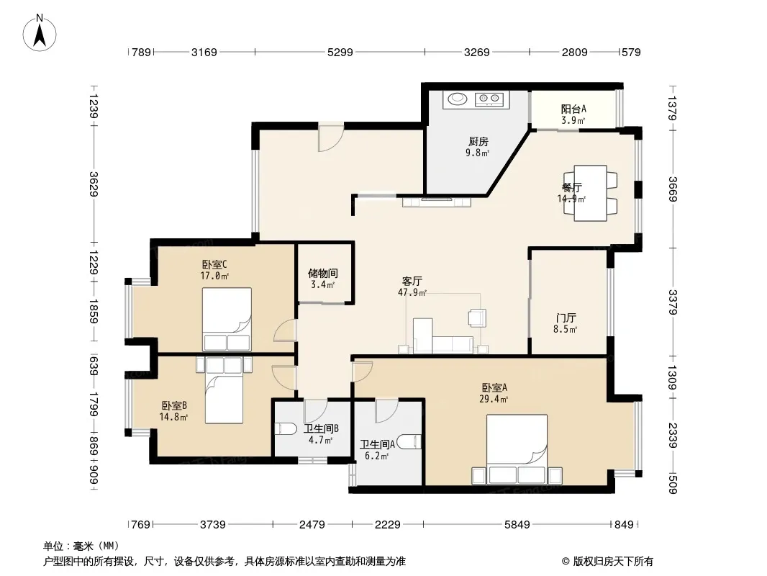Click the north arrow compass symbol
pos(40,33)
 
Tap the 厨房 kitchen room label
pos(478,142)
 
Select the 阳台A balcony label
pos(573,109)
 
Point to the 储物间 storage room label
pos(323,274)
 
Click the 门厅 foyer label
pos(566,318)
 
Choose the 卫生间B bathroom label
pos(321,429)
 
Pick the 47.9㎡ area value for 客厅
pos(412,292)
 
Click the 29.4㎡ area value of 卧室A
pos(494,399)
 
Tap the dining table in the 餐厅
pos(591,193)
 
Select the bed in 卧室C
pos(227,319)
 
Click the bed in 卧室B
pos(224,390)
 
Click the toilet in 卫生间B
pos(286,429)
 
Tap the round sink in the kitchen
pos(458,99)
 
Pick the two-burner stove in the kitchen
pos(489,99)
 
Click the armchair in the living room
pos(477,318)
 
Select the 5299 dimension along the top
pos(340,52)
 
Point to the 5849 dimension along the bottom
pos(517,525)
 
